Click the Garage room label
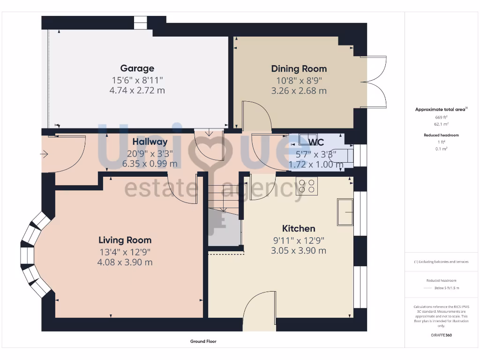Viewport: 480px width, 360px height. click(x=137, y=68)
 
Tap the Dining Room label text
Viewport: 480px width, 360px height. click(x=299, y=69)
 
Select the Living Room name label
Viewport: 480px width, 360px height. click(x=125, y=240)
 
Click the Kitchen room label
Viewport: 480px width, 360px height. click(x=299, y=228)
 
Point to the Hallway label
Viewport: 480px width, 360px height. click(x=150, y=142)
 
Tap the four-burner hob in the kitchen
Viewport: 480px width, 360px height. click(x=307, y=186)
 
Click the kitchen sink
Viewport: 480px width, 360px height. click(x=345, y=211)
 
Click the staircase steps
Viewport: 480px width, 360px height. click(x=224, y=197)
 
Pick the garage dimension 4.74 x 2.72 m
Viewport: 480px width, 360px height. click(x=137, y=90)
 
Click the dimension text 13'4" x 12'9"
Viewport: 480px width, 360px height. click(x=125, y=252)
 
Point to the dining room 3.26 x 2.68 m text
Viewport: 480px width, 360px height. click(x=299, y=91)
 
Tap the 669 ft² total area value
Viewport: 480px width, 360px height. click(x=441, y=117)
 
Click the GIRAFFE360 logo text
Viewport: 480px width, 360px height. click(x=441, y=335)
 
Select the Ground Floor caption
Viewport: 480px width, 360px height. click(x=203, y=341)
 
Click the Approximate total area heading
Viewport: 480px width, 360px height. click(x=441, y=109)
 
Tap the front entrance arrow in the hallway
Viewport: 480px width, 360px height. click(x=45, y=153)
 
